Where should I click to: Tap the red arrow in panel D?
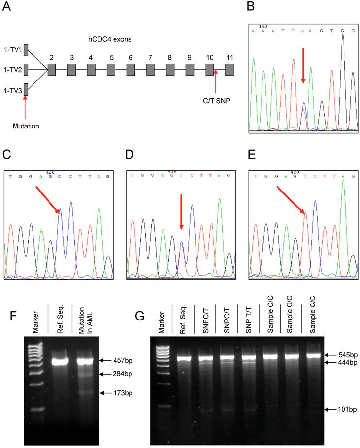tap(181, 212)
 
